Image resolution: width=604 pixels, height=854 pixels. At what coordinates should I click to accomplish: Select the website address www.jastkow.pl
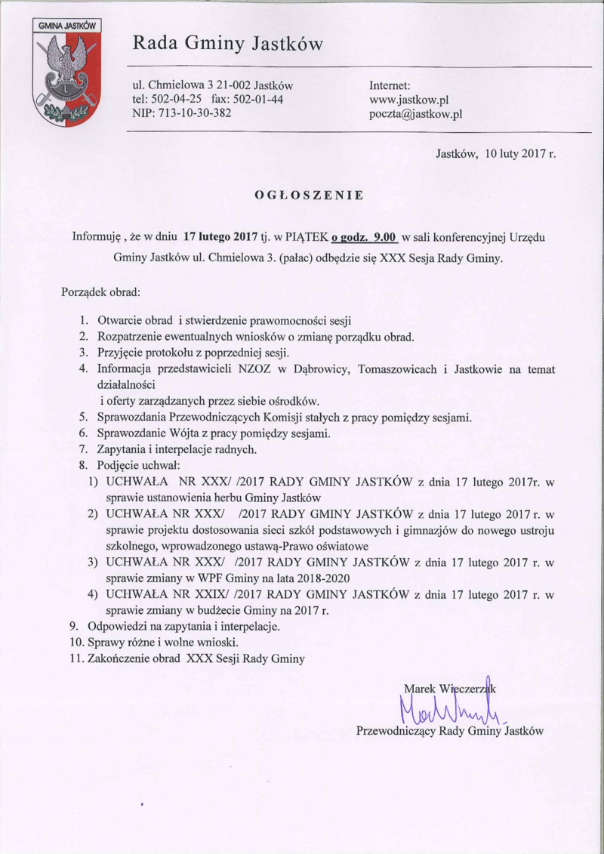(x=409, y=100)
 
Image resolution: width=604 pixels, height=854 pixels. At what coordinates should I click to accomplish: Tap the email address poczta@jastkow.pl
(x=415, y=114)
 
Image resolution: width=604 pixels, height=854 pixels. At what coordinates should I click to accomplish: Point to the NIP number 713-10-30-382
(x=193, y=114)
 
